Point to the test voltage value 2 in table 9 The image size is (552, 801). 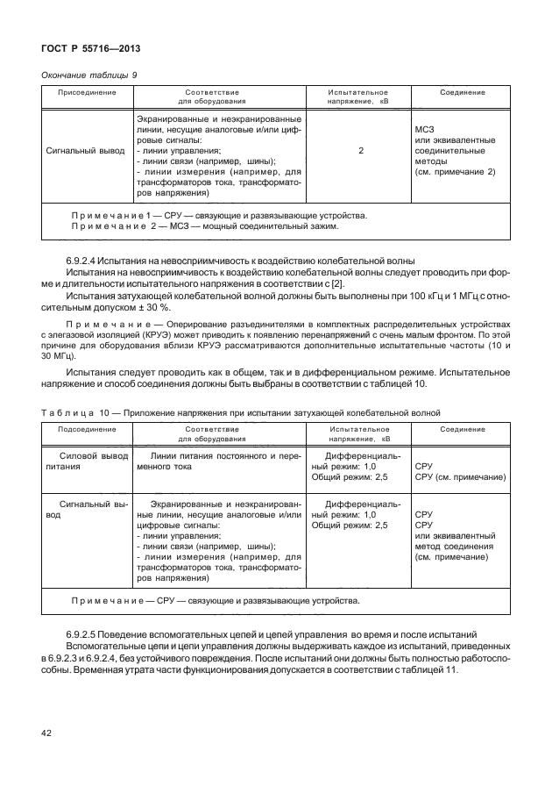[x=360, y=151]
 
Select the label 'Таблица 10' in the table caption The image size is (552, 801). [x=67, y=411]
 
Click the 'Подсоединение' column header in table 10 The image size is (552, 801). [x=85, y=429]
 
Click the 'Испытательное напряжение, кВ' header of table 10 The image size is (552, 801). [x=360, y=433]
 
